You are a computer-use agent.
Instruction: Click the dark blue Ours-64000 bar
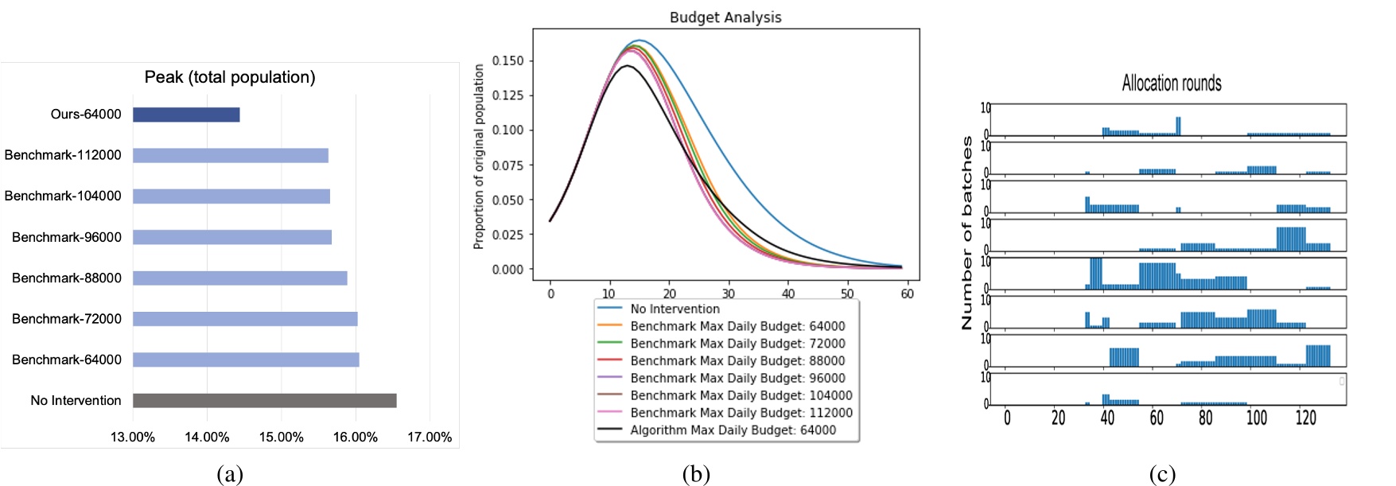(186, 115)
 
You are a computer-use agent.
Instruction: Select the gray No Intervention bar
(264, 400)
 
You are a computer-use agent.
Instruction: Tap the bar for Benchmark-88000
(239, 278)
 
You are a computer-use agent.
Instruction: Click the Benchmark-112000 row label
(63, 155)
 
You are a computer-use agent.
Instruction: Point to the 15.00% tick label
(281, 437)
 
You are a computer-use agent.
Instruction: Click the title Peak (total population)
(230, 77)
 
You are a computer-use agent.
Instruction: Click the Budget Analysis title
(725, 17)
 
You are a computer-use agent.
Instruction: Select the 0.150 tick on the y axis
(507, 60)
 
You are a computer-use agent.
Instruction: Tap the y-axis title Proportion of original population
(479, 157)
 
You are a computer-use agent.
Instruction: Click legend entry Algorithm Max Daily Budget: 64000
(733, 430)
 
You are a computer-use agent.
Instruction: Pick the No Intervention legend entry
(675, 309)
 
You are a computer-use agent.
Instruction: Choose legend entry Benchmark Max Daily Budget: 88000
(737, 361)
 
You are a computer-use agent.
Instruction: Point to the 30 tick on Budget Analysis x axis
(728, 294)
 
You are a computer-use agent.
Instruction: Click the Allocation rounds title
(1171, 83)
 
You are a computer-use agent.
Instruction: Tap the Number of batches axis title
(966, 232)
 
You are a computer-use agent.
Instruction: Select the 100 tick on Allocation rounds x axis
(1256, 418)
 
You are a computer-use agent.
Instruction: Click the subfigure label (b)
(695, 474)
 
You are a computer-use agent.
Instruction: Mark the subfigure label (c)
(1162, 474)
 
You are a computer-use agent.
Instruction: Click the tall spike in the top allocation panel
(1178, 126)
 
